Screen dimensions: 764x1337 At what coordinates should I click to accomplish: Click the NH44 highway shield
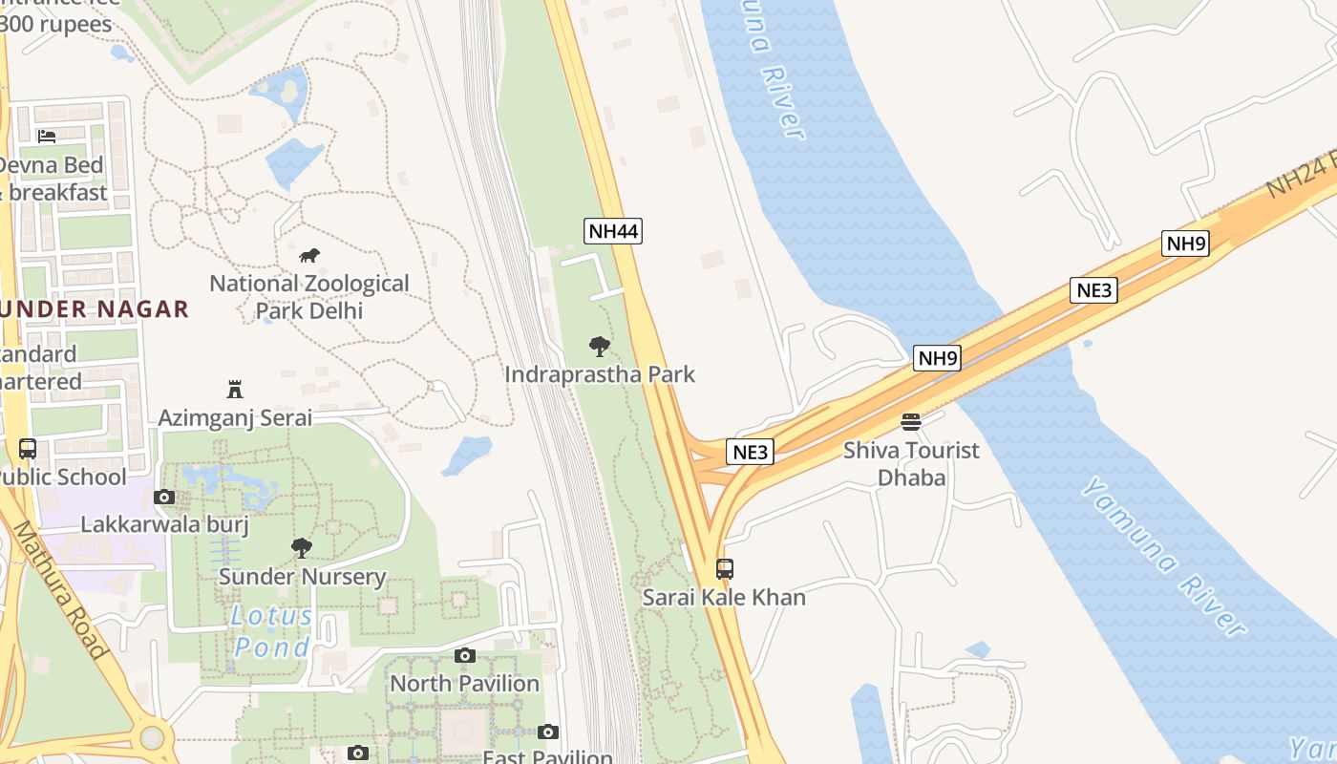(x=613, y=230)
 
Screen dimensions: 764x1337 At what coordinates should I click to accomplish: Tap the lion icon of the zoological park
(x=308, y=256)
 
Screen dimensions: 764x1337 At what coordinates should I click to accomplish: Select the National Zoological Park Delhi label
(x=309, y=297)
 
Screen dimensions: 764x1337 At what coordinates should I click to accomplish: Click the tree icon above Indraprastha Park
(x=600, y=347)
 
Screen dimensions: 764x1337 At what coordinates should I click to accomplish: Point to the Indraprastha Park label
(x=600, y=374)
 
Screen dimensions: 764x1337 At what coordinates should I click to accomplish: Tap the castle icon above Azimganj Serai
(x=235, y=390)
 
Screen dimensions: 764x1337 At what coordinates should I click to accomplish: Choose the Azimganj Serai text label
(x=235, y=418)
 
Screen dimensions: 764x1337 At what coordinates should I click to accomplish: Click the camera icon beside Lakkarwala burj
(x=164, y=497)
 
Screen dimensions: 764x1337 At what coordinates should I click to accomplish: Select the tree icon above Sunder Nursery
(x=302, y=548)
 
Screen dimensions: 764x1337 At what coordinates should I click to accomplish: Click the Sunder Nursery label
(x=302, y=577)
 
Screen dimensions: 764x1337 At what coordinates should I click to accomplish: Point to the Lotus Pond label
(x=272, y=631)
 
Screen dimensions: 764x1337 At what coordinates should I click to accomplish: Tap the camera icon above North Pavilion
(x=465, y=655)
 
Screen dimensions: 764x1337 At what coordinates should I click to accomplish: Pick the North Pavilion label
(x=465, y=684)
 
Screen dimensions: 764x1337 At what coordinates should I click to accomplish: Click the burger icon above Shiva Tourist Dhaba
(x=911, y=422)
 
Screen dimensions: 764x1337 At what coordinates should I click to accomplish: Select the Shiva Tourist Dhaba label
(x=911, y=463)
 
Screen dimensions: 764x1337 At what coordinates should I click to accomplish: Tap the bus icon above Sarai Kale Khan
(x=725, y=569)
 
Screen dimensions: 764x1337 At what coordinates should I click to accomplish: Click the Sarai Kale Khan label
(x=724, y=598)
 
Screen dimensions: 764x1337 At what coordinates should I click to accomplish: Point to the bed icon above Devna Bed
(x=47, y=136)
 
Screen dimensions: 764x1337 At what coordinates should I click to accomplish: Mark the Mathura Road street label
(x=59, y=592)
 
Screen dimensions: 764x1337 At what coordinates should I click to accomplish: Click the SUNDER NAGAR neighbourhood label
(x=95, y=309)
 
